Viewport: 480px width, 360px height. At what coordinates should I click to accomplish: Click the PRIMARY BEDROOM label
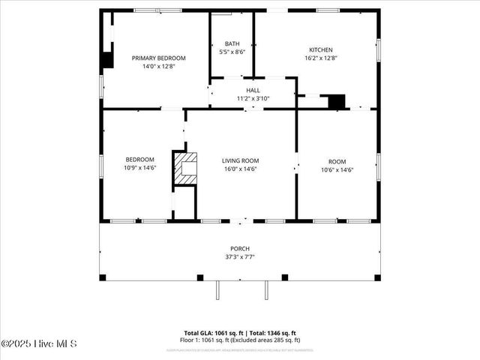(x=158, y=58)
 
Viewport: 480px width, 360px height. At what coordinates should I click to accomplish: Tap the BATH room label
(x=231, y=43)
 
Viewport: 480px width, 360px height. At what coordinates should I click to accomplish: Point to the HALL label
(x=253, y=90)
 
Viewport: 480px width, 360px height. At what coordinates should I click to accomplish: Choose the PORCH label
(x=240, y=248)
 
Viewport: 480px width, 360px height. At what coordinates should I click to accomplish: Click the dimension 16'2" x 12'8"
(x=320, y=58)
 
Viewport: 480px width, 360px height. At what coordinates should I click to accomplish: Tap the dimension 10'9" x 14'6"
(x=139, y=169)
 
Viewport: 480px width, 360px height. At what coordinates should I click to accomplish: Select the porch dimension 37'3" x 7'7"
(x=240, y=256)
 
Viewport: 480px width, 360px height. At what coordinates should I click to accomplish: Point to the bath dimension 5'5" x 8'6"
(x=231, y=52)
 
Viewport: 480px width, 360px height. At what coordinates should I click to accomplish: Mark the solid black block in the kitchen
(x=337, y=100)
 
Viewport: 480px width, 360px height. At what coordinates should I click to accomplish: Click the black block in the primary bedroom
(x=108, y=60)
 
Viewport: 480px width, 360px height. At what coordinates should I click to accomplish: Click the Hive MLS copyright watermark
(x=39, y=343)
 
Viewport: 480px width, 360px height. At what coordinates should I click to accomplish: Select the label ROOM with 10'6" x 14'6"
(x=337, y=161)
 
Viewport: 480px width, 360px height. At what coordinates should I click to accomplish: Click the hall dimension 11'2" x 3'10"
(x=253, y=98)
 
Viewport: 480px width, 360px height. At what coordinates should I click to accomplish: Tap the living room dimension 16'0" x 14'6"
(x=240, y=169)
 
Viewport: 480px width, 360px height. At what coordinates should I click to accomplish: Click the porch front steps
(x=240, y=289)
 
